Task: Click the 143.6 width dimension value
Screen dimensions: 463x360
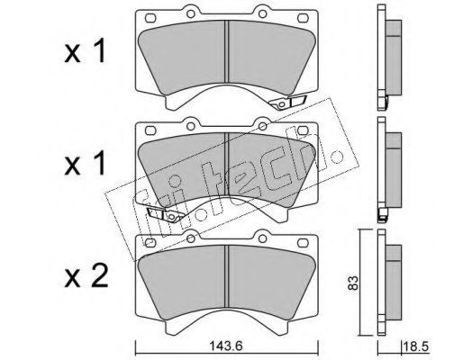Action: (x=225, y=346)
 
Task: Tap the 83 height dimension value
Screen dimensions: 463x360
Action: (x=353, y=282)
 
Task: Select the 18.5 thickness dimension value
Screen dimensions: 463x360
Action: (x=417, y=347)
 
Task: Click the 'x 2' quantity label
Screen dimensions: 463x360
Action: (x=86, y=277)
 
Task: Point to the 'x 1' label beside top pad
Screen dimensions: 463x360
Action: (x=85, y=51)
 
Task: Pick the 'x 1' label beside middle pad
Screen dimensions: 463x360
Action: (x=85, y=164)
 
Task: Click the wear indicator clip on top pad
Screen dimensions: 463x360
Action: (x=287, y=103)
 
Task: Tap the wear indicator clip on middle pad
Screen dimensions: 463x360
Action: (x=165, y=215)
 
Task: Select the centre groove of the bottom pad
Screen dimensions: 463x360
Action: (x=227, y=276)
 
